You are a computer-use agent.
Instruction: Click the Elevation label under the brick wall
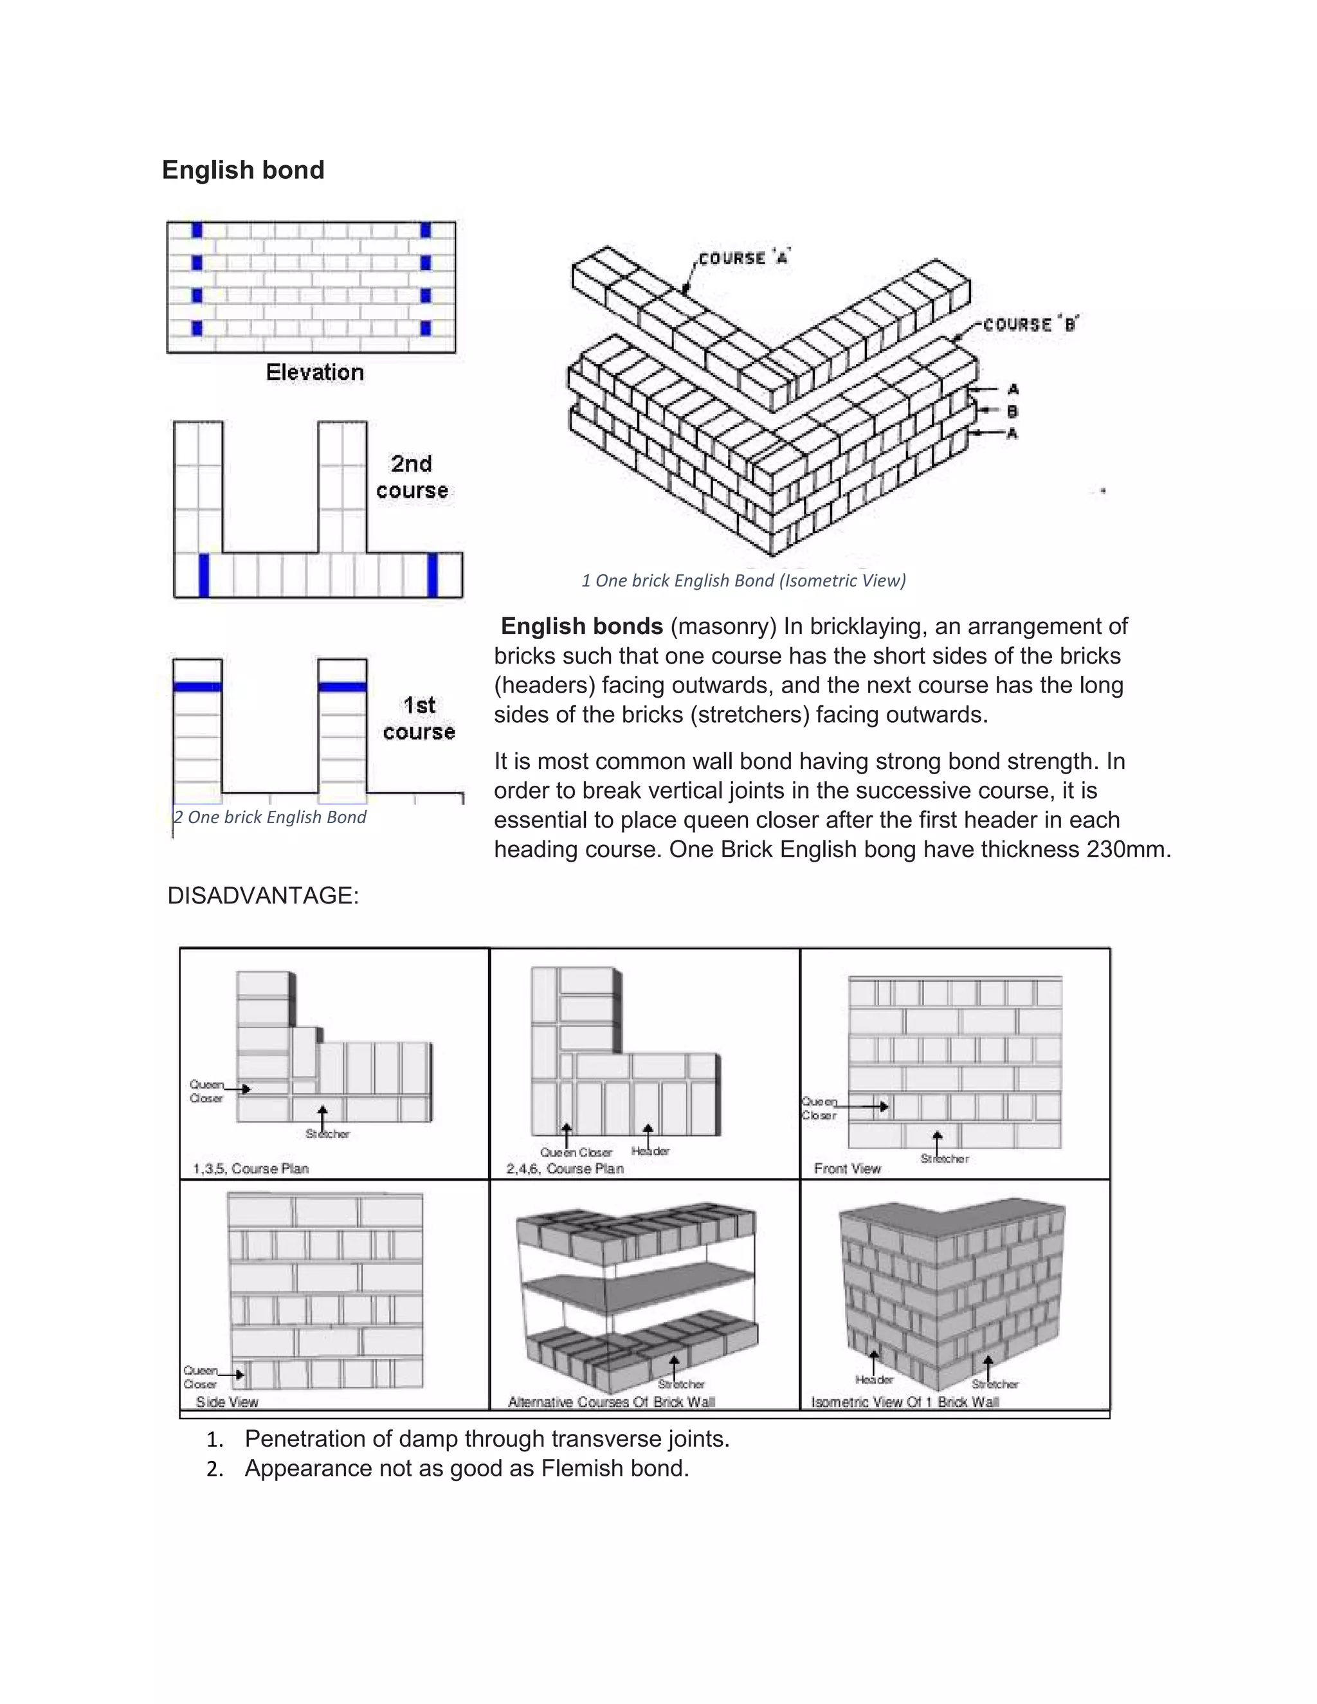(314, 372)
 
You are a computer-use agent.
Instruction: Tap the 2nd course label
(412, 476)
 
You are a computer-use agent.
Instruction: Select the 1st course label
(419, 718)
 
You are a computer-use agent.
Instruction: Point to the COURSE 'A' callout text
(743, 258)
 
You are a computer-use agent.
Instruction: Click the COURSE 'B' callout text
(1030, 325)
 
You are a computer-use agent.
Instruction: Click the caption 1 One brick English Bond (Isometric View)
(743, 581)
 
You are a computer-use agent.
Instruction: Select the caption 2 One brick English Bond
(270, 817)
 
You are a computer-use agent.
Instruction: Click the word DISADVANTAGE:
(263, 896)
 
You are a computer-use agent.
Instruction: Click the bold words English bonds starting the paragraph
(581, 626)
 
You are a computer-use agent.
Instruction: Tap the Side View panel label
(227, 1402)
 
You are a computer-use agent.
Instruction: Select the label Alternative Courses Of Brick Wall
(612, 1402)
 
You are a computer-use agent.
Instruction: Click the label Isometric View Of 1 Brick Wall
(905, 1402)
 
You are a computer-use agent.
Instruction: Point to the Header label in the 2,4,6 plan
(650, 1151)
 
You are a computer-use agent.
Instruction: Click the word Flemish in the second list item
(583, 1469)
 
